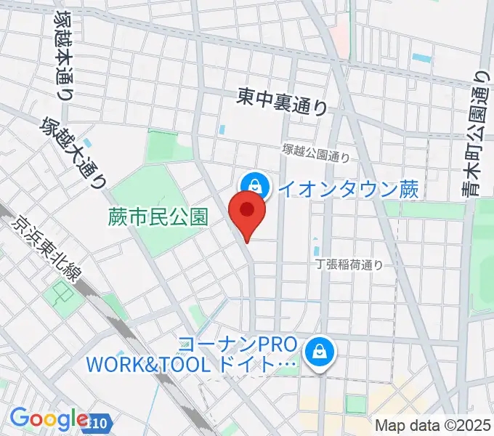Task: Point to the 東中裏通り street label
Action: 283,100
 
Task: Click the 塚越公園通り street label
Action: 317,152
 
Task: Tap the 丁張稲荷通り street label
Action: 349,265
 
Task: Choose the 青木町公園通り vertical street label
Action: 479,135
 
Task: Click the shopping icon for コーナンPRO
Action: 319,352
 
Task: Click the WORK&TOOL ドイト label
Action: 192,363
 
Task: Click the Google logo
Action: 49,419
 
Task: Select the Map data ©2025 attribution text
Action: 432,425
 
